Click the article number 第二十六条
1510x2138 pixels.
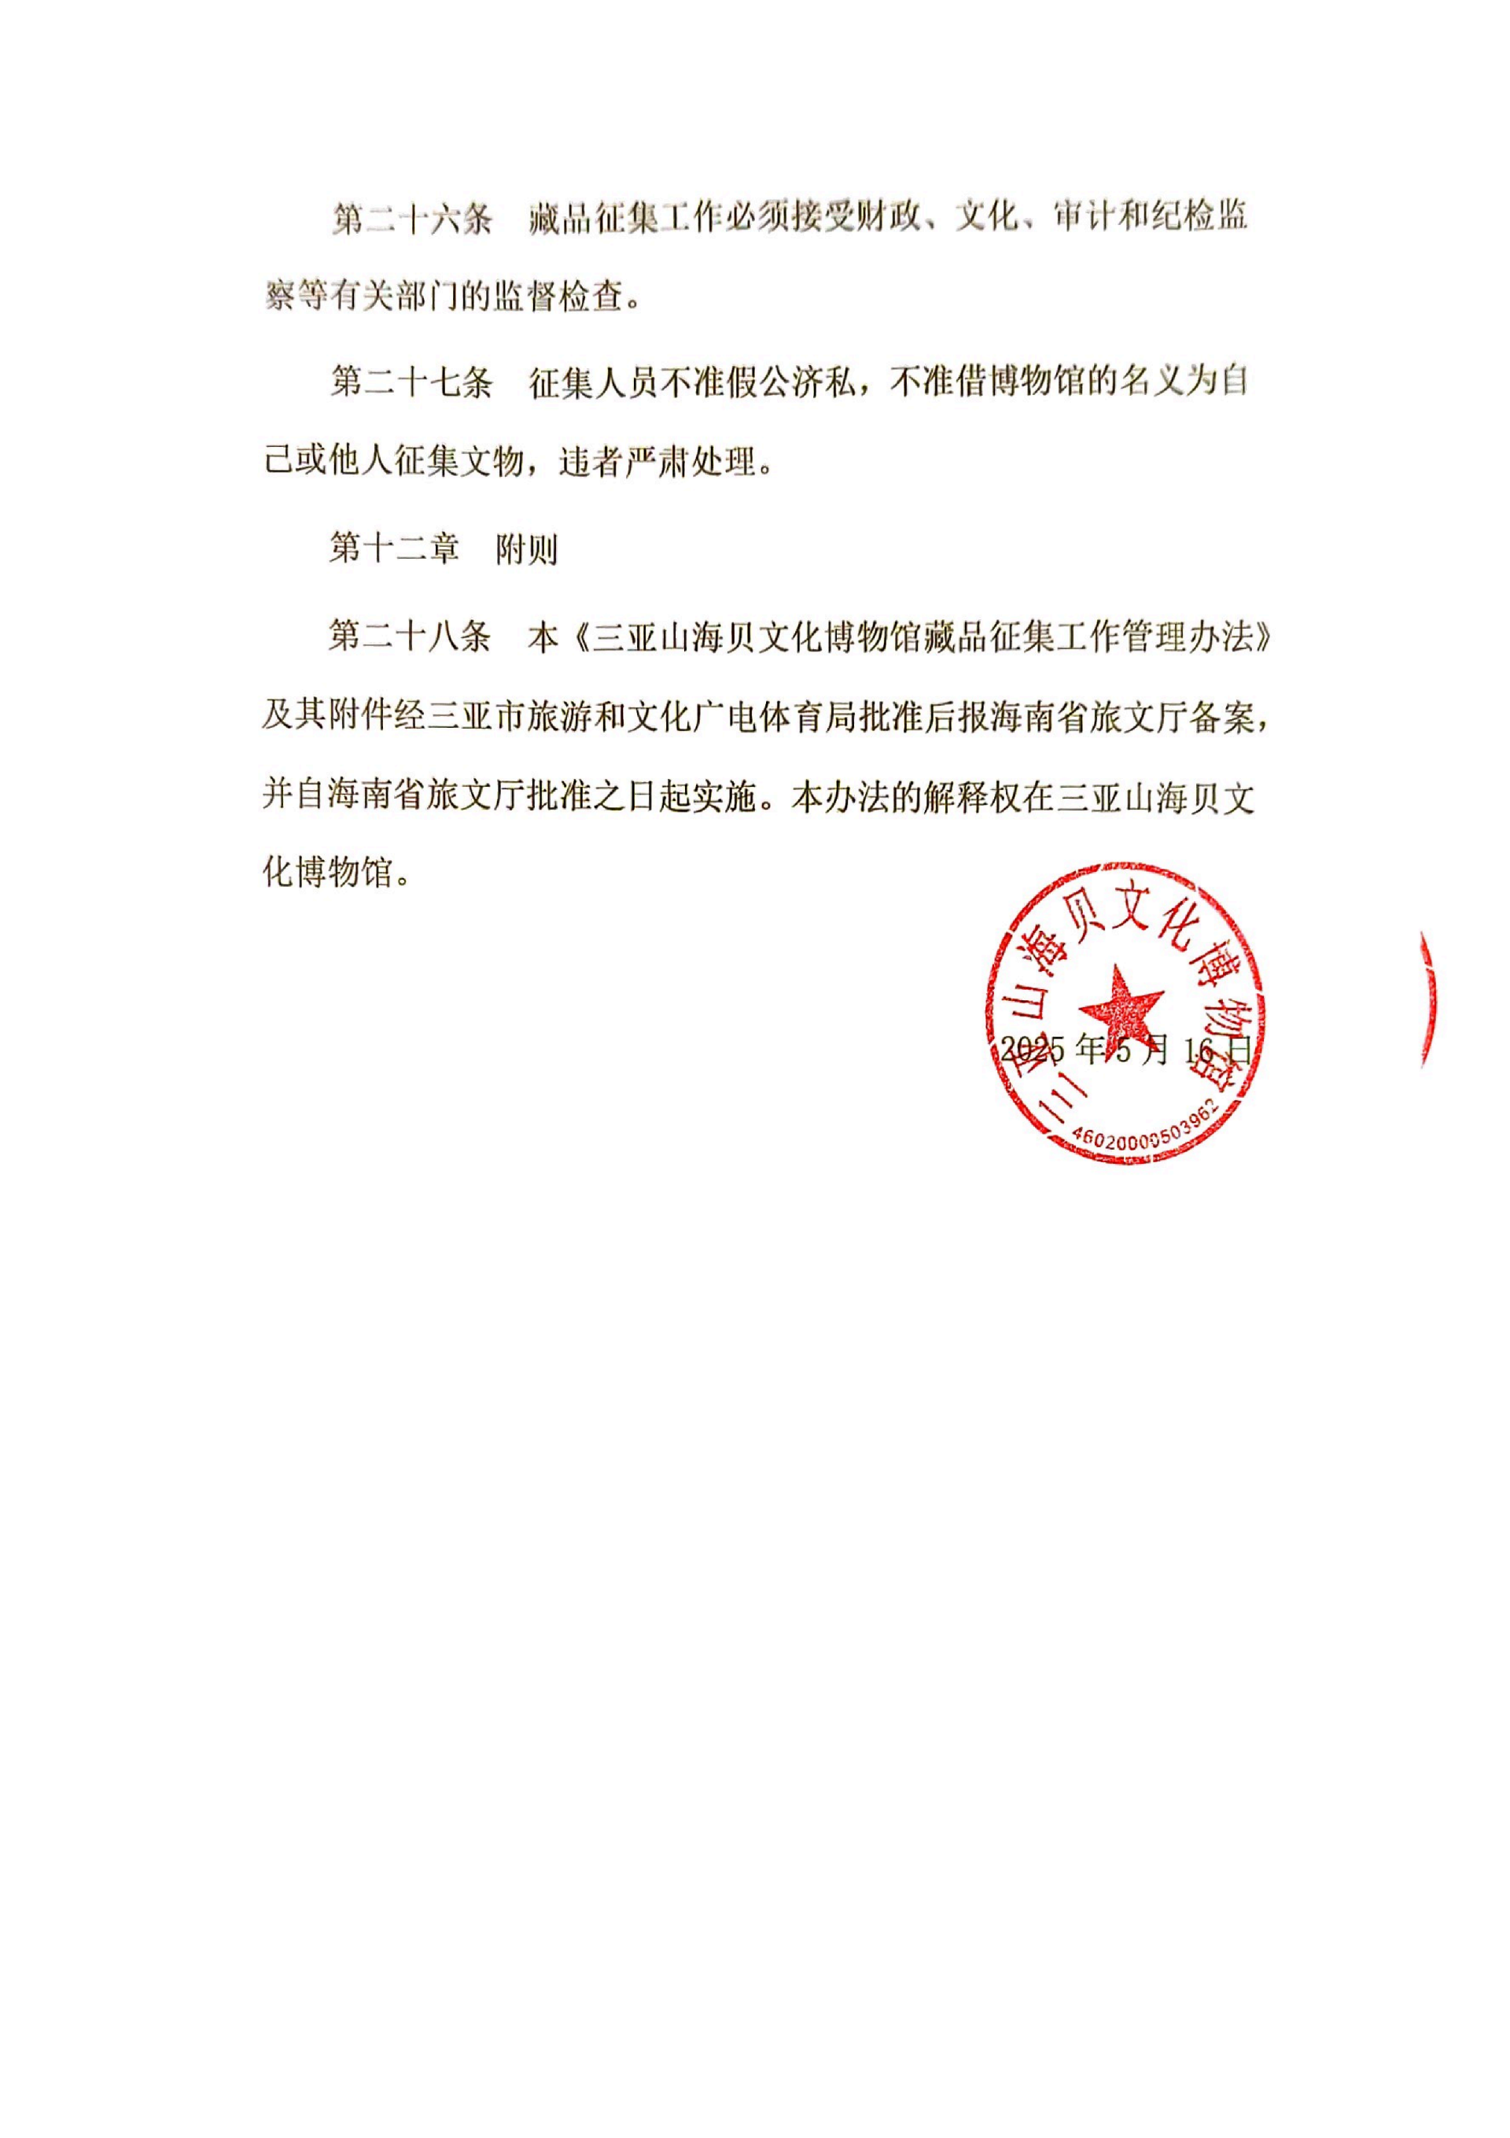click(411, 219)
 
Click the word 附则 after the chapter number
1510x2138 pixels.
click(527, 549)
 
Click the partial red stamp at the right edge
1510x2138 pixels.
click(1427, 1001)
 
